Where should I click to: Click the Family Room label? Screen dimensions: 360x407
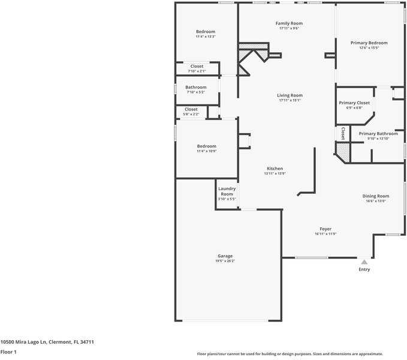tap(289, 23)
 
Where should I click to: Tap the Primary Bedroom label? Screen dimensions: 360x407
tap(369, 43)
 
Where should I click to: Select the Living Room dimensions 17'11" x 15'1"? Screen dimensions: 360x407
tap(290, 100)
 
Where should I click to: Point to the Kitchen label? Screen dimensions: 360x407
tap(275, 169)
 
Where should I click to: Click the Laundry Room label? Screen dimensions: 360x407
tap(227, 191)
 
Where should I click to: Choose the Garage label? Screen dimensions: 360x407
tap(225, 256)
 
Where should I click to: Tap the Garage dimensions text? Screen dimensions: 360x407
tap(225, 261)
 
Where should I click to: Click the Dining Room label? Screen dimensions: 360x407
tap(376, 196)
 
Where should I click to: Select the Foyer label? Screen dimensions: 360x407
tap(325, 229)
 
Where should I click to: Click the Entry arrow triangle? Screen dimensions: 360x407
tap(364, 262)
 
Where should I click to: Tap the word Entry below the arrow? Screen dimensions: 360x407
tap(364, 269)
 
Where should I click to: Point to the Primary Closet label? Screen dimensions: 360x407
tap(354, 103)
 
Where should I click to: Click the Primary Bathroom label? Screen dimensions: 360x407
tap(378, 134)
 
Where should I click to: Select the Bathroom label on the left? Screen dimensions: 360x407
tap(195, 87)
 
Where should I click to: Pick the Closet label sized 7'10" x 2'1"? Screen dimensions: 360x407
tap(197, 66)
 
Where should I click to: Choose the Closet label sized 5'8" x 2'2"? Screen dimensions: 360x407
tap(191, 109)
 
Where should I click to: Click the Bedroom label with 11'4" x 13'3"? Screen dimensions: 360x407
tap(206, 32)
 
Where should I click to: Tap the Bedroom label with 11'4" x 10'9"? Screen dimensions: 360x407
tap(207, 146)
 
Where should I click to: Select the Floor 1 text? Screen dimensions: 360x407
tap(8, 352)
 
